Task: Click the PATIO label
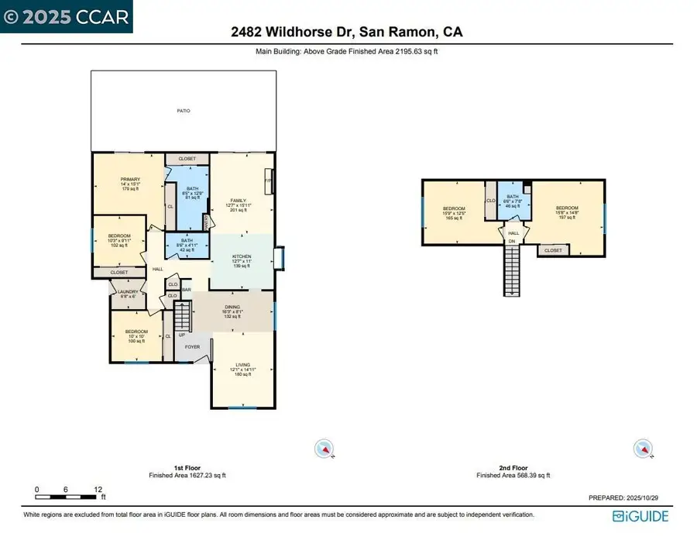(x=184, y=111)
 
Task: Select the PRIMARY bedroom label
(x=129, y=180)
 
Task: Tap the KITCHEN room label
(x=242, y=257)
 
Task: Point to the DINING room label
(x=232, y=308)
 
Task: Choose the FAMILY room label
(x=237, y=200)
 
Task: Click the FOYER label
(x=192, y=347)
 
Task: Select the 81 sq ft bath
(x=191, y=189)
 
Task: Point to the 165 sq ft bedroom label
(x=453, y=210)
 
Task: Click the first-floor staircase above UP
(x=183, y=315)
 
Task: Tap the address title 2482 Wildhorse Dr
(x=348, y=33)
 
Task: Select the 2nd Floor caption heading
(x=513, y=468)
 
